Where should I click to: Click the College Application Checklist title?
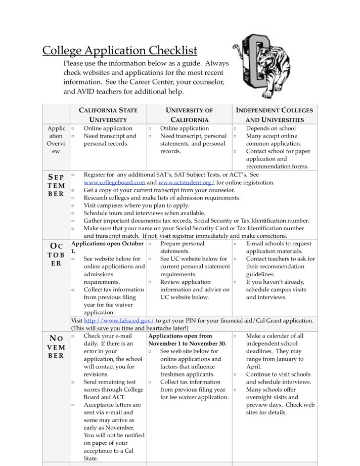click(x=119, y=51)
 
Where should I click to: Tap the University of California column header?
click(x=189, y=115)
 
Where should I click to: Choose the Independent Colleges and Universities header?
click(x=275, y=115)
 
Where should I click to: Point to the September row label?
click(x=56, y=185)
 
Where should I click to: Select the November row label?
click(x=56, y=347)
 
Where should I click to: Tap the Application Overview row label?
click(x=56, y=140)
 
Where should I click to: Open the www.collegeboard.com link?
click(x=114, y=183)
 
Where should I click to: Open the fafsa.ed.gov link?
click(x=119, y=320)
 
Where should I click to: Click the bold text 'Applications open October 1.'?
click(x=107, y=247)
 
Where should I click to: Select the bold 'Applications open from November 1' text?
click(x=187, y=340)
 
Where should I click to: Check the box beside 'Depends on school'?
click(x=235, y=129)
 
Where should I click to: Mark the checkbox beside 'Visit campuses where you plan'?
click(x=73, y=205)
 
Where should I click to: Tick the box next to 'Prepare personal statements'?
click(x=150, y=244)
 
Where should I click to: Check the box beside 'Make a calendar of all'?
click(x=235, y=336)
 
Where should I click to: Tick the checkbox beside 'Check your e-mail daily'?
click(x=73, y=336)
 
